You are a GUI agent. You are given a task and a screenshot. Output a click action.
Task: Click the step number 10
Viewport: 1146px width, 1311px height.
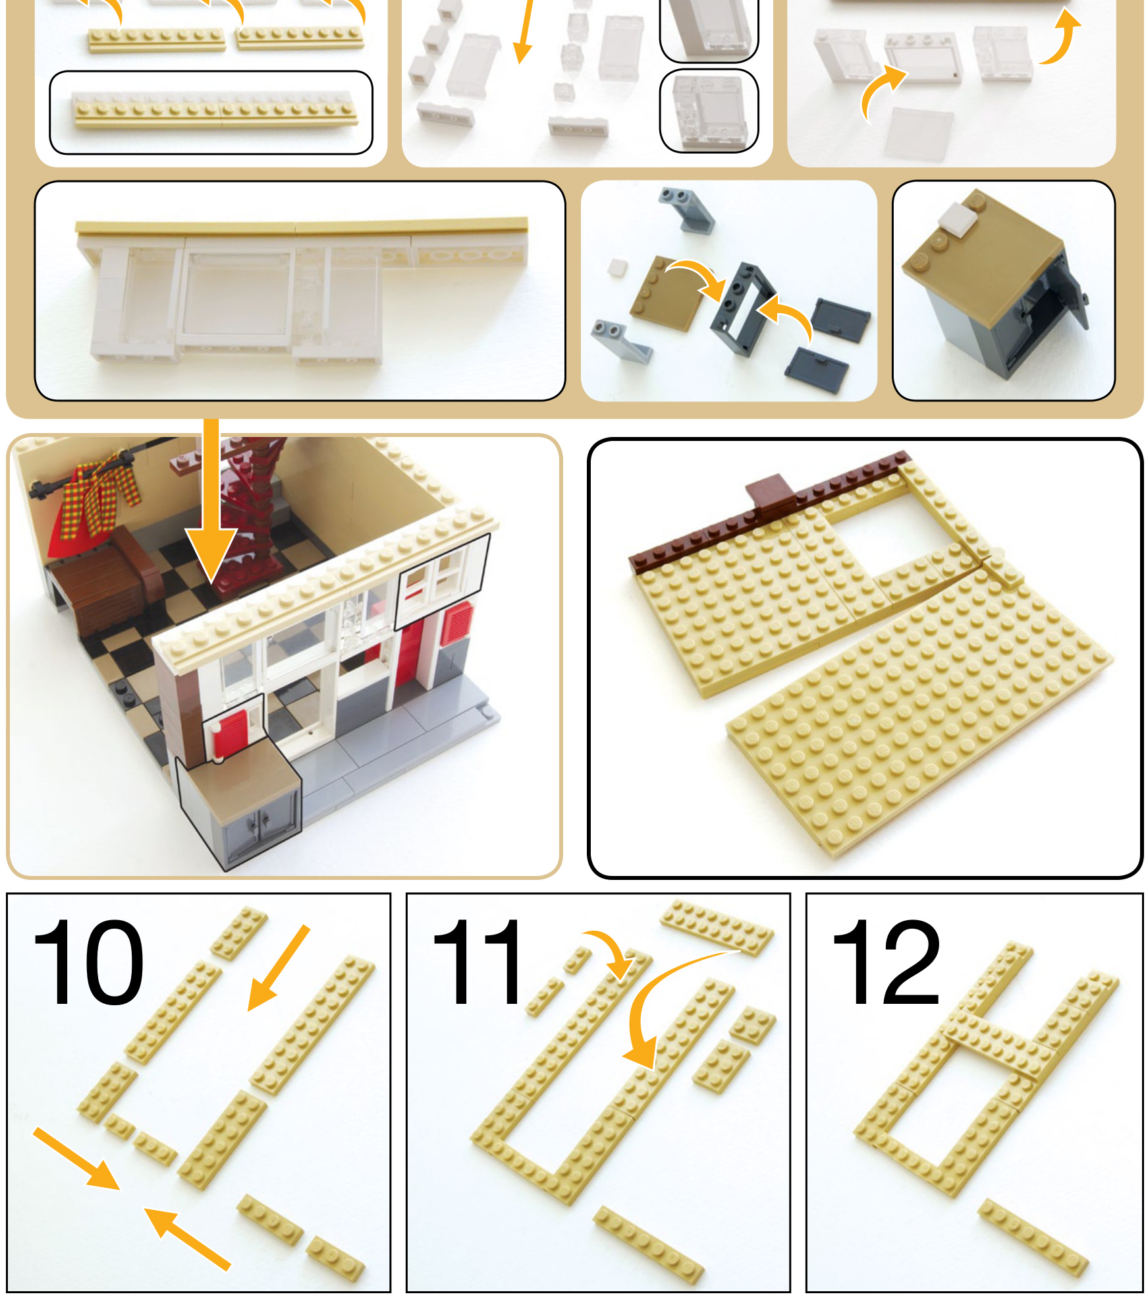[x=88, y=963]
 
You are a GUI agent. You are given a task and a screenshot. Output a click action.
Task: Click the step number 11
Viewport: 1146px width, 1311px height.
[x=477, y=963]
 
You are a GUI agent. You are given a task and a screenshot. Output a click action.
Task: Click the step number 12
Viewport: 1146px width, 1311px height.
[x=887, y=963]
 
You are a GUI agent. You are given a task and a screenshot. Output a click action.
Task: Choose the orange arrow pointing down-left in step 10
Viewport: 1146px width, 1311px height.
[x=278, y=968]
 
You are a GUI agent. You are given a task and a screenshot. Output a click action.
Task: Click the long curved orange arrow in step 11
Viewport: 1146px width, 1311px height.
[x=665, y=1002]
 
